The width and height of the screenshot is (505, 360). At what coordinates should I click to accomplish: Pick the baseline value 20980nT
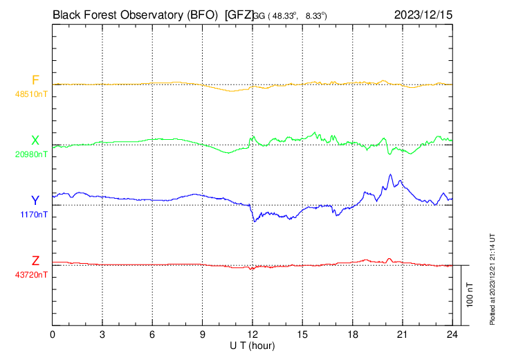32,154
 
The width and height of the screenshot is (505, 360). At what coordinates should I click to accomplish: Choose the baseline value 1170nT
34,214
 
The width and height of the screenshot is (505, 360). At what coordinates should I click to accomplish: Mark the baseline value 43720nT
32,275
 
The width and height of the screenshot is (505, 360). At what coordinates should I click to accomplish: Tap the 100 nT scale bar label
470,294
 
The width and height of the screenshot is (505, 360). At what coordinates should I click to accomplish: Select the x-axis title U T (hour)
252,345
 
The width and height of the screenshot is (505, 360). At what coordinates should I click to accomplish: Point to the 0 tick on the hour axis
53,334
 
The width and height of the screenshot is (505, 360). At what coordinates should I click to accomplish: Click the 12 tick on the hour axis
252,334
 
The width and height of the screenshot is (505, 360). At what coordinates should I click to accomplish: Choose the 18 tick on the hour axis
352,334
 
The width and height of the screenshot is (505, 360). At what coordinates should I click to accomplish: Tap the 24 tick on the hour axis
452,334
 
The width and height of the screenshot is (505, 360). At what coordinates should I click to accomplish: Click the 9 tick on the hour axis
203,334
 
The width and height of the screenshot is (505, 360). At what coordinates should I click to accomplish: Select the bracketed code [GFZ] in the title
239,14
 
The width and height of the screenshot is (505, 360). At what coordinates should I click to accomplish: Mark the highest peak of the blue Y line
391,174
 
